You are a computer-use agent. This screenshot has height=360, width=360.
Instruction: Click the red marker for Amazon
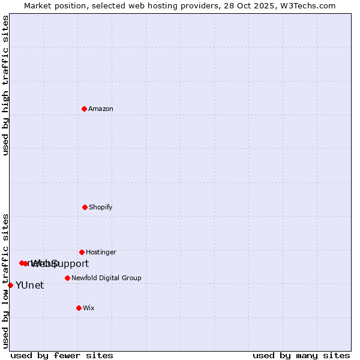[x=85, y=109]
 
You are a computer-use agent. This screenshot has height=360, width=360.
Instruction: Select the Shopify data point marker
[x=85, y=207]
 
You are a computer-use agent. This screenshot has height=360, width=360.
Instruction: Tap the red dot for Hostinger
[x=82, y=252]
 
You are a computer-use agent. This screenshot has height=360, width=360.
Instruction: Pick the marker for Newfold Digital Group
[x=67, y=278]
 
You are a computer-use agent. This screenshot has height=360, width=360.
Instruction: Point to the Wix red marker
[x=79, y=308]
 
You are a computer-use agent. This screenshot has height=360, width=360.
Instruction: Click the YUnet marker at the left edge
[x=10, y=285]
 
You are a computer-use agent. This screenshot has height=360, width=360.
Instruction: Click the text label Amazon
[x=101, y=109]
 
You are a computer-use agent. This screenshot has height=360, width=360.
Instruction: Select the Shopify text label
[x=101, y=208]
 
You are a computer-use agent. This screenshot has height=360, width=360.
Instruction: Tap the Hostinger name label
[x=101, y=253]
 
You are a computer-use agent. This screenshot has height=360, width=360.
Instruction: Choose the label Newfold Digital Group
[x=106, y=278]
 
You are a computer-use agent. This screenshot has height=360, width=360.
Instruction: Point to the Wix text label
[x=89, y=308]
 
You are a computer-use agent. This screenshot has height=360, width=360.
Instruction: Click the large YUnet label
[x=29, y=286]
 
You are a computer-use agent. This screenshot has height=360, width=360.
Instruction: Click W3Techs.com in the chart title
[x=307, y=5]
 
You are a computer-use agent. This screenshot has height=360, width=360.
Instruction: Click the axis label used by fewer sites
[x=62, y=355]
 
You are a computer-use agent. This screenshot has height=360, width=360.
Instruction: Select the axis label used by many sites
[x=301, y=355]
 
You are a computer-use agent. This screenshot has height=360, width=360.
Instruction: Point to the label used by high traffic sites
[x=5, y=85]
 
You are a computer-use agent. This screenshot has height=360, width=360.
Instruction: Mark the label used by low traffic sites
[x=5, y=280]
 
